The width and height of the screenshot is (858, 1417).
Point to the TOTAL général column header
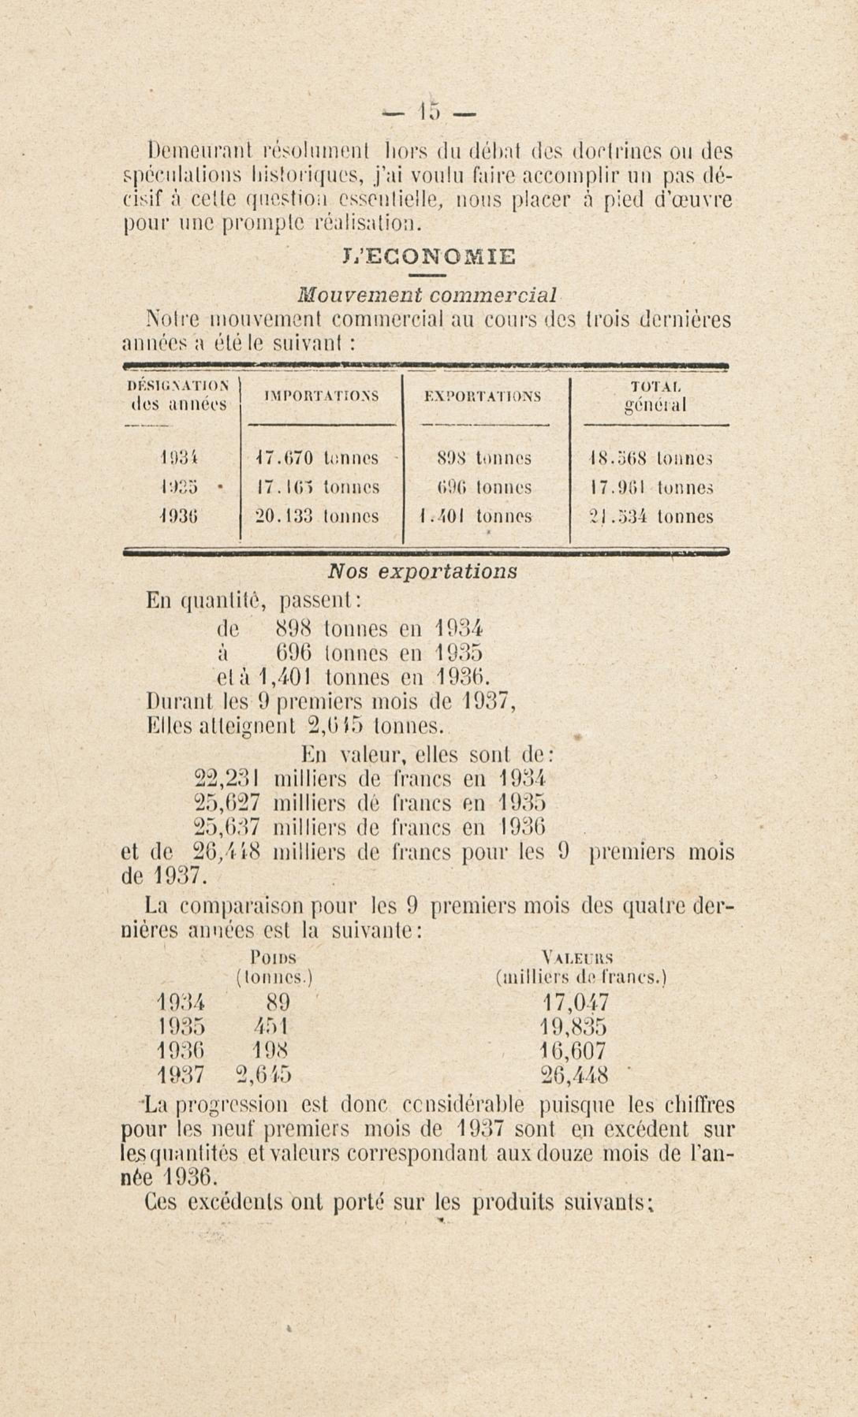655,396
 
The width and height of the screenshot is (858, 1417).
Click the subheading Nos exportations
422,571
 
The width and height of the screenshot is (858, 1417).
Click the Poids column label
274,958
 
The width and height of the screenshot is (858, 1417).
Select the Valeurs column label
577,958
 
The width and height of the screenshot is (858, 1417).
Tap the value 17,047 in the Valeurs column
575,1002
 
